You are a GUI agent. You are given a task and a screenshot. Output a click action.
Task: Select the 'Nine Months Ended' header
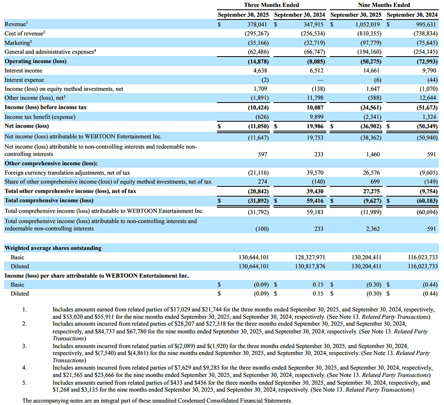384,5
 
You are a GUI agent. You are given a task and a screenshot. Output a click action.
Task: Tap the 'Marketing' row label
18,42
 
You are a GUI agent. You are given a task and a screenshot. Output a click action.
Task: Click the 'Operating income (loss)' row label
35,61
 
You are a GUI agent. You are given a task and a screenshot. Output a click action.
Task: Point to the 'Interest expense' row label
24,80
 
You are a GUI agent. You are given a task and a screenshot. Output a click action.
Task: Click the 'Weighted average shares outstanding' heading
53,248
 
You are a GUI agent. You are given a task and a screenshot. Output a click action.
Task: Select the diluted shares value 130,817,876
309,266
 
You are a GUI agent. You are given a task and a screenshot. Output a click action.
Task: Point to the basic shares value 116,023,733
422,257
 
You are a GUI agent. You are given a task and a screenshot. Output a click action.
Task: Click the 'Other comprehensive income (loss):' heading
51,163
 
